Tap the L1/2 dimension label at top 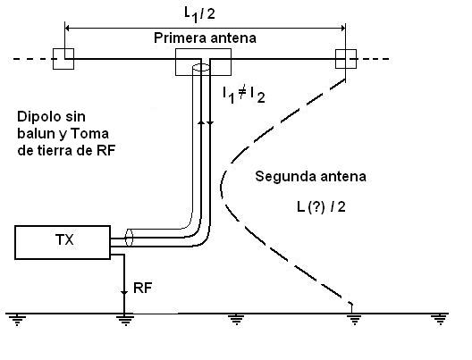tap(199, 14)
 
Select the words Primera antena tap(205, 38)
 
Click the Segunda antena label tap(310, 176)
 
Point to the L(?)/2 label tap(321, 207)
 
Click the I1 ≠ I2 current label tap(244, 95)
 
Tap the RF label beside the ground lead tap(142, 288)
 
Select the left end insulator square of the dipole tap(63, 59)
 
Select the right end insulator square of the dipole tap(346, 59)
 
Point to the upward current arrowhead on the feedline tap(202, 121)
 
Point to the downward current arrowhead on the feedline tap(210, 122)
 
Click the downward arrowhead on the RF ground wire tap(124, 293)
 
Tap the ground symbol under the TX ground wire tap(124, 320)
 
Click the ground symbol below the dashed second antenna tap(354, 320)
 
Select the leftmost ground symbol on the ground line tap(17, 320)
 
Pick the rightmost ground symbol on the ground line tap(439, 320)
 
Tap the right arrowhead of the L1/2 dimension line tap(342, 29)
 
